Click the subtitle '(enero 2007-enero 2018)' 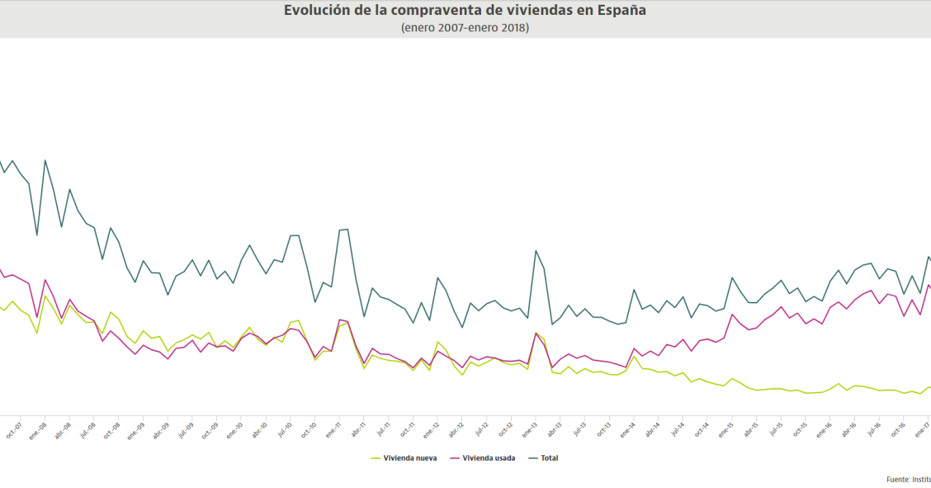click(465, 27)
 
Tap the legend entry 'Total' click(549, 457)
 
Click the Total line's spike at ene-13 click(536, 250)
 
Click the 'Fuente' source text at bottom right click(908, 479)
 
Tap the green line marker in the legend click(377, 457)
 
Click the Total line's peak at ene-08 click(45, 160)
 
